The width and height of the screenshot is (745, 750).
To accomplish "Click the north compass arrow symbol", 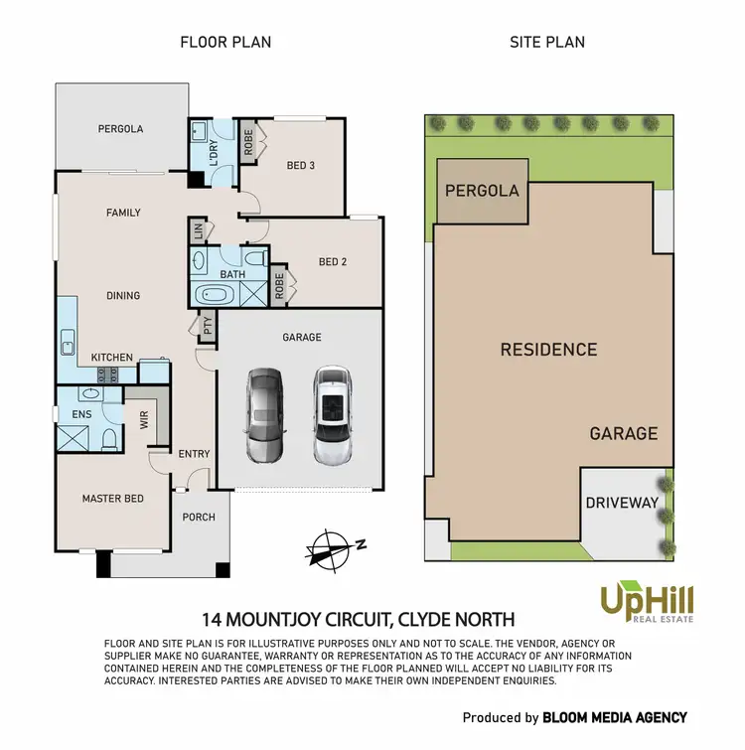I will coord(334,547).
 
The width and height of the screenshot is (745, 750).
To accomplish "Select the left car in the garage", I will coord(265,417).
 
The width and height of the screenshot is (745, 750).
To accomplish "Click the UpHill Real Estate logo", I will coord(647,603).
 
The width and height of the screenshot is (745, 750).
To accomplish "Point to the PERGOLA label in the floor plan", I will coord(120,129).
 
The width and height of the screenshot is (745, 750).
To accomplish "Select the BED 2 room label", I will coord(333,262).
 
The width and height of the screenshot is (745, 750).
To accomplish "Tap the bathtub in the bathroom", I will coord(214,295).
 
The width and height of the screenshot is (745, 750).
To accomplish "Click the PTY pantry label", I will coord(208,325).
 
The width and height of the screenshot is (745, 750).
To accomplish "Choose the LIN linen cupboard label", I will coord(198,231).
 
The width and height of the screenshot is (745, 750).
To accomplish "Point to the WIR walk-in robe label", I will coord(144,420).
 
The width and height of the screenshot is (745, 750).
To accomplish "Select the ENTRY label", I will coord(195,454).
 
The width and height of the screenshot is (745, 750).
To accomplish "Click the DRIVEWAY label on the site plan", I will coord(622,503).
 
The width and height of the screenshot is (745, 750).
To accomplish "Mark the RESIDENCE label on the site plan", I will coord(548,350).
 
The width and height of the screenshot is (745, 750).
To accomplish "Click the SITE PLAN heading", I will coord(547,42).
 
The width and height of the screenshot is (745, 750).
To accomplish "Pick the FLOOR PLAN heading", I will coord(225,42).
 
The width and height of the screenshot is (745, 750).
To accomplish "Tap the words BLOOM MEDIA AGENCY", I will coord(615,717).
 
